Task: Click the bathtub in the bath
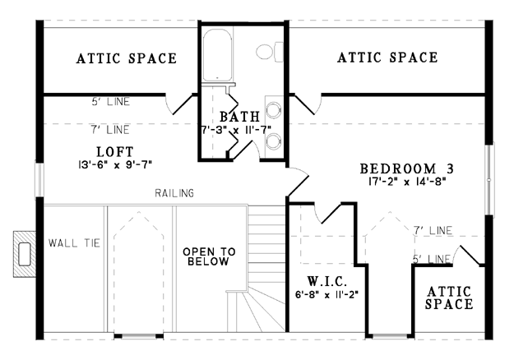coord(217,55)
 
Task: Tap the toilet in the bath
coord(270,52)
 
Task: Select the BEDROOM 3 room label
coord(407,168)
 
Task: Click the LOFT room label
coord(115,152)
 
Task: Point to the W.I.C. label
coord(326,281)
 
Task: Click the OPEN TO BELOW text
coord(209,256)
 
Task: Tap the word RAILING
coord(174,193)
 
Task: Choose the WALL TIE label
coord(74,243)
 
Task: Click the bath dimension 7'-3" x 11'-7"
coord(236,130)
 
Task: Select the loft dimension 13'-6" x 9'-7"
coord(115,164)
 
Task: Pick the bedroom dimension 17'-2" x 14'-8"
coord(407,182)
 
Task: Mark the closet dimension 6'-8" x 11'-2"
coord(326,294)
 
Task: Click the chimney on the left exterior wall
coord(25,254)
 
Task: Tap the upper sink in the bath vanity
coord(273,110)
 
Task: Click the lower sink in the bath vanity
coord(273,141)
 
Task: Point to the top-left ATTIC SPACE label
coord(127,58)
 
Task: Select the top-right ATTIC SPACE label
coord(387,58)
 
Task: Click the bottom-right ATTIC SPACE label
coord(449,298)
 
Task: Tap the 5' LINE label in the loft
coord(110,102)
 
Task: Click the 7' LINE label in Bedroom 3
coord(433,231)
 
